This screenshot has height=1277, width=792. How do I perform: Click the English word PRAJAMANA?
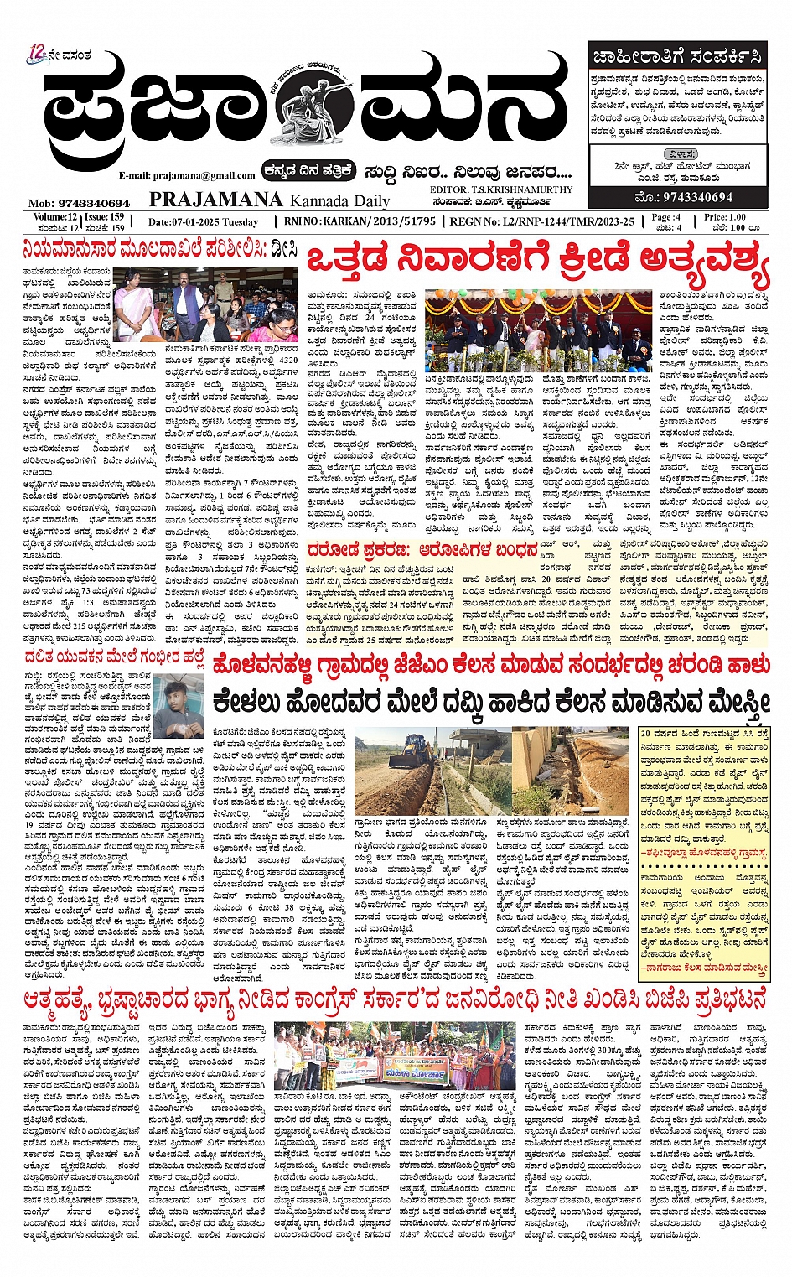(x=215, y=200)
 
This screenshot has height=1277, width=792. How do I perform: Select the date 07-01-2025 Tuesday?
(x=204, y=222)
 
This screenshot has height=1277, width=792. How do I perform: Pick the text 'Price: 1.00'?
(x=725, y=217)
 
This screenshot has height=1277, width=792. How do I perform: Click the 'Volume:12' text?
(x=49, y=217)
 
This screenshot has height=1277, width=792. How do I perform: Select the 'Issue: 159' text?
(x=104, y=217)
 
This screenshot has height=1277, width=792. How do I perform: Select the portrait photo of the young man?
(x=179, y=706)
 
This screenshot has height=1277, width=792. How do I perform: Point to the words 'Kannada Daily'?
(x=339, y=200)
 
